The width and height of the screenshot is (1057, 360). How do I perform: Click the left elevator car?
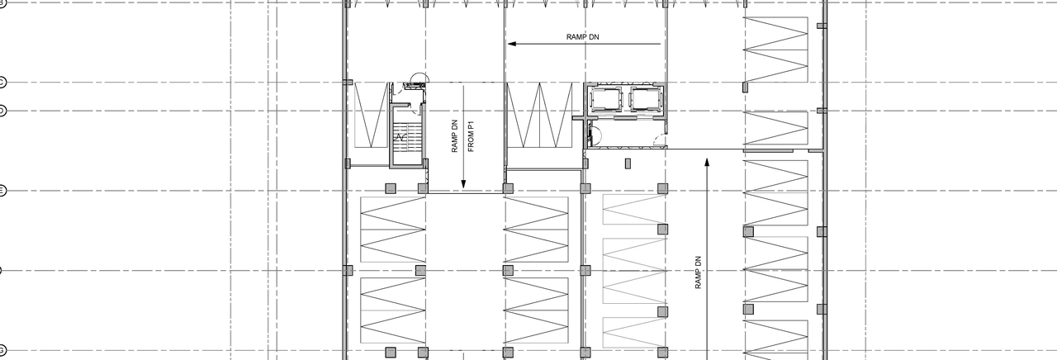click(x=605, y=100)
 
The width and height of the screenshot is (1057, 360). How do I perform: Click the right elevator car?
click(x=645, y=100)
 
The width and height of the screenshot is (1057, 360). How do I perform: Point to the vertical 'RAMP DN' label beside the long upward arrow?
click(x=698, y=272)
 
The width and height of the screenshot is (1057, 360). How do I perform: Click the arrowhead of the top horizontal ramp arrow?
click(x=512, y=44)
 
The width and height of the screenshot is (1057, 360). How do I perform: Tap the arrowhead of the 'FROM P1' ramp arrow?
click(x=464, y=185)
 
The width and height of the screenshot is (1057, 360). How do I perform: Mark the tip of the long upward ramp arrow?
click(x=707, y=159)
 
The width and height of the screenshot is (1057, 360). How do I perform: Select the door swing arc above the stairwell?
click(x=418, y=79)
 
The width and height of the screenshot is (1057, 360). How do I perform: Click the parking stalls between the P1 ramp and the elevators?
click(x=538, y=115)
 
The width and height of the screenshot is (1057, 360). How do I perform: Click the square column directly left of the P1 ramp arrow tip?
click(x=423, y=188)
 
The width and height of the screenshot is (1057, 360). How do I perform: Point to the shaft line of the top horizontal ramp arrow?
click(x=586, y=44)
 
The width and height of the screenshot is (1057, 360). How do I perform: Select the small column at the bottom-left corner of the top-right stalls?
click(x=745, y=86)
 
